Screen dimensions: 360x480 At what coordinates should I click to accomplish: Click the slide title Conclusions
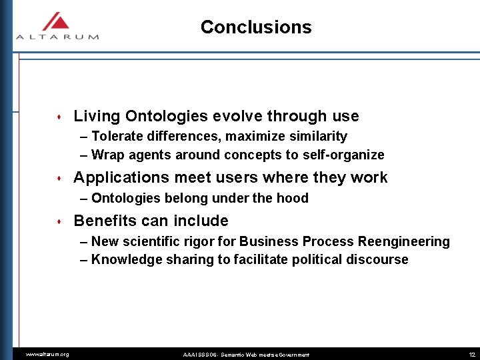pos(255,27)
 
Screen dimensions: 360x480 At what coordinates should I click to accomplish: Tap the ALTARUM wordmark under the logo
pos(57,37)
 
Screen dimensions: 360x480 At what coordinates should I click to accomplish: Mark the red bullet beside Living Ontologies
pos(61,117)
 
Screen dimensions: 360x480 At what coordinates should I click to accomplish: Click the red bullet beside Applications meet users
pos(61,179)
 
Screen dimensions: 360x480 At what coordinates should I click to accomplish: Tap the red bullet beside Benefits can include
pos(61,222)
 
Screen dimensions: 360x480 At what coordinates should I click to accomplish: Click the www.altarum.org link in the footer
pos(47,354)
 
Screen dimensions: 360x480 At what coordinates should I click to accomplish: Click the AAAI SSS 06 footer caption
pos(246,354)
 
